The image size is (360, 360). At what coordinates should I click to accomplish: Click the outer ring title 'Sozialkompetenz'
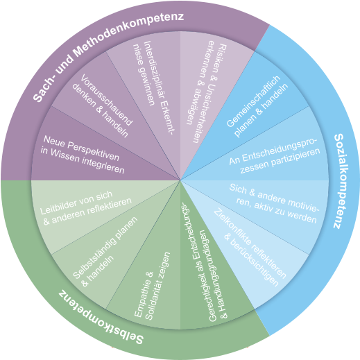point(341,181)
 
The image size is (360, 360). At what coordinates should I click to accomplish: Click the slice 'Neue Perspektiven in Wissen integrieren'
point(97,151)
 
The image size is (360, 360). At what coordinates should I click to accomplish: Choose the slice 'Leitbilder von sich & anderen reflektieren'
point(92,208)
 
